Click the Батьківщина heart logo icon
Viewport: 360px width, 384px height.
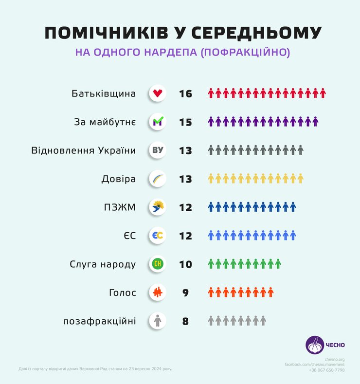(x=158, y=93)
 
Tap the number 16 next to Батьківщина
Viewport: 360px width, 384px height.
(x=185, y=93)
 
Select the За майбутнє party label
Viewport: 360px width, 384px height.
(x=105, y=122)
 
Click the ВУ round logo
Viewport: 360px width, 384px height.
(x=158, y=150)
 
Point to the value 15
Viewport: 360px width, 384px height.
(x=185, y=122)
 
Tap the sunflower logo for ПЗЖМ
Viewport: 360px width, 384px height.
(x=158, y=207)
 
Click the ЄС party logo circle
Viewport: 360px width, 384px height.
(x=158, y=236)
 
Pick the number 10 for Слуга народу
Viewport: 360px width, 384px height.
(x=185, y=265)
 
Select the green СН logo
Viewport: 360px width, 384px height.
(x=158, y=264)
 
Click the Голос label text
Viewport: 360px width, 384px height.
(x=122, y=293)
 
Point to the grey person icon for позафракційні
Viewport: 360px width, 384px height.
(x=158, y=321)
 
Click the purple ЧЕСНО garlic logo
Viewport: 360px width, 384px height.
(x=314, y=345)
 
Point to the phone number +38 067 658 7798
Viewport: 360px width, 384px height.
(x=326, y=370)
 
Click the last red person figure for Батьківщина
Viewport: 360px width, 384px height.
(x=323, y=93)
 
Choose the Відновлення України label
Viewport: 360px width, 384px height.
(x=83, y=150)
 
